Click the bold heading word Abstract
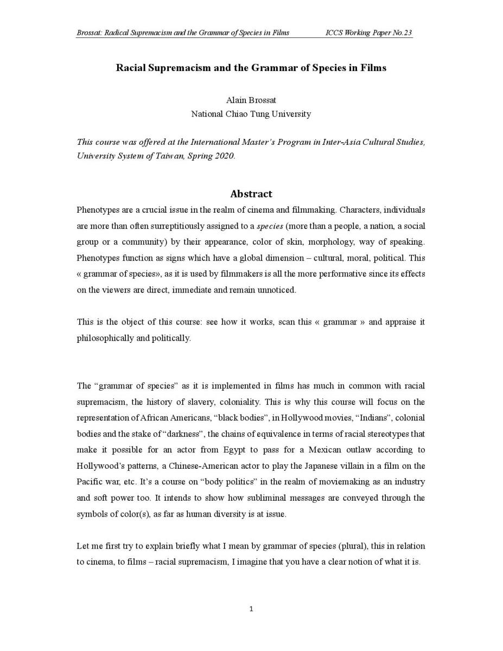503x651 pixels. coord(251,194)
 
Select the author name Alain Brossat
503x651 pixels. coord(251,100)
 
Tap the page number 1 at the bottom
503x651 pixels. coord(251,609)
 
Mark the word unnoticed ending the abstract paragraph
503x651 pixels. coord(278,290)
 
